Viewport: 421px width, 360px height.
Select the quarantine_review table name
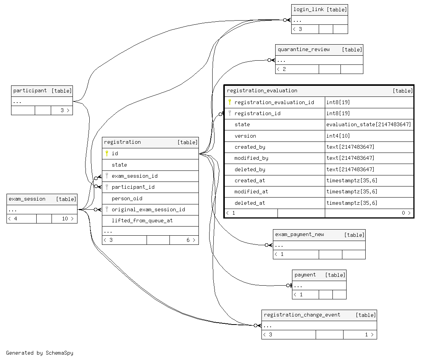[x=303, y=50]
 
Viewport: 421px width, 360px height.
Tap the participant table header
[x=30, y=91]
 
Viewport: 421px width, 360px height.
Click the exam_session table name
[x=27, y=199]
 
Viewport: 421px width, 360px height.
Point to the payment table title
[x=305, y=275]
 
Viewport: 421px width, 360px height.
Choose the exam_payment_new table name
[x=300, y=235]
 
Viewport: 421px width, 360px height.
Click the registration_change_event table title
[x=302, y=315]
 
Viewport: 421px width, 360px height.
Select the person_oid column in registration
[x=127, y=199]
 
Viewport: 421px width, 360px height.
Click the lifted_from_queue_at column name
[x=142, y=220]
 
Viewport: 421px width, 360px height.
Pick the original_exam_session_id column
[x=148, y=209]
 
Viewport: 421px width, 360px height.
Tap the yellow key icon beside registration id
[x=107, y=153]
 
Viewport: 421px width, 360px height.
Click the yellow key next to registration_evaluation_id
[x=230, y=102]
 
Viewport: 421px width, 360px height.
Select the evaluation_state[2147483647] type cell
[x=368, y=125]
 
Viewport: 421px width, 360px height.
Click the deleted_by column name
[x=250, y=169]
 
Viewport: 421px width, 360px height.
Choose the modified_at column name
[x=251, y=191]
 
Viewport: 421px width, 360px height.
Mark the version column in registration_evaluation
[x=245, y=136]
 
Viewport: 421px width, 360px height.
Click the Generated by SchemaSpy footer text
[x=39, y=353]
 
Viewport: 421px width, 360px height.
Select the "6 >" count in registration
[x=190, y=240]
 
